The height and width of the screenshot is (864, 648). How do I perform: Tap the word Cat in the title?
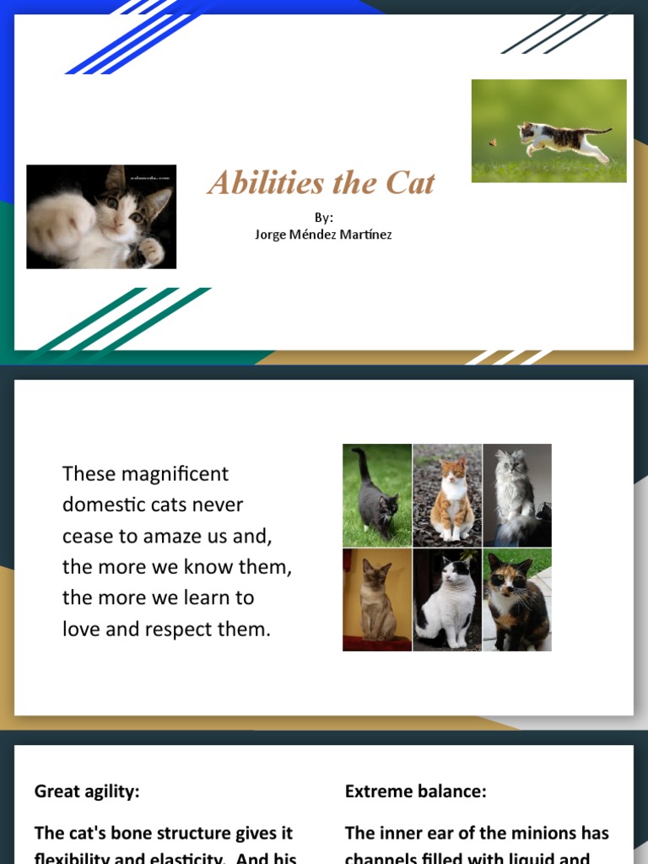coord(411,182)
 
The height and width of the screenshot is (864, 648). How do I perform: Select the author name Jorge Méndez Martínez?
coord(323,234)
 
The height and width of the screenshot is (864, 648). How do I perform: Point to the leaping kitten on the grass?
coord(560,138)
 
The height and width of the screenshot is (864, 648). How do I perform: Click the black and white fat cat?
coord(447,604)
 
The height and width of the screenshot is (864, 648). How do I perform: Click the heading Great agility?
coord(87,791)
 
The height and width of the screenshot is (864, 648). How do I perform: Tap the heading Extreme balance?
coord(416,791)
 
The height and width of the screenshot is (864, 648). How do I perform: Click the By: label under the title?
coord(323,218)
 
